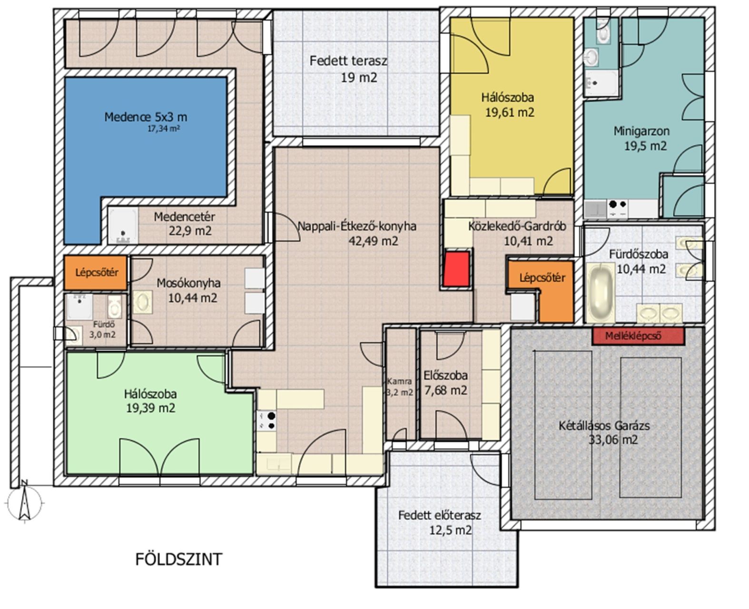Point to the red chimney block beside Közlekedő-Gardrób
click(x=456, y=269)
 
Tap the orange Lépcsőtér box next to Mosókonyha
click(x=96, y=273)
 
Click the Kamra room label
click(x=399, y=381)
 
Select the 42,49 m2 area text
click(x=373, y=241)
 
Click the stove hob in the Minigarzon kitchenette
click(x=618, y=208)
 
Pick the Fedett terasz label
click(x=348, y=61)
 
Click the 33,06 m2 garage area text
click(x=613, y=440)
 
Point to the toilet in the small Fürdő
click(x=115, y=305)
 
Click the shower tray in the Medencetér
click(x=123, y=226)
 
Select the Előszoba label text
click(x=445, y=375)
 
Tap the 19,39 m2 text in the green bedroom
click(x=150, y=408)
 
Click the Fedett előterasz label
click(x=440, y=515)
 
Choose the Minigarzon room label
click(x=641, y=131)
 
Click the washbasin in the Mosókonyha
click(x=143, y=302)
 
